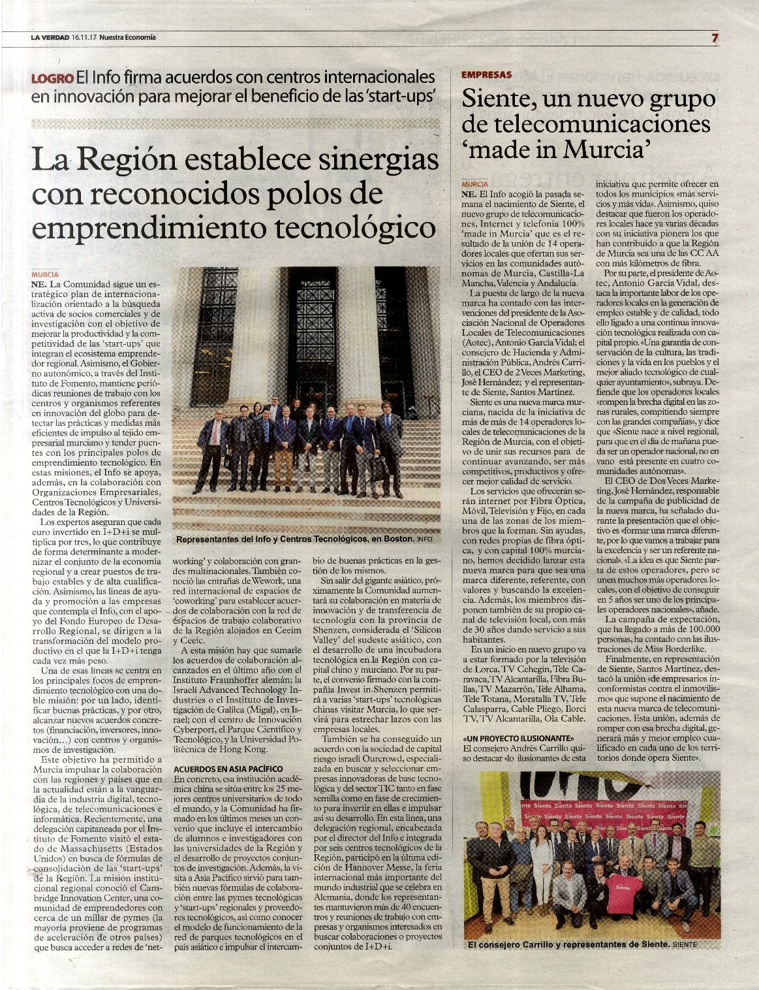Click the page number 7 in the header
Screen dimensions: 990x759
715,38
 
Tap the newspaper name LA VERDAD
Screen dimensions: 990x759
50,38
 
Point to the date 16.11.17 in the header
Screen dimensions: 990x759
84,38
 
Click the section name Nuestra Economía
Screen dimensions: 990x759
132,38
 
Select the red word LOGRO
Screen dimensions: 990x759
52,78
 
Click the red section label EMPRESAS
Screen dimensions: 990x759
486,75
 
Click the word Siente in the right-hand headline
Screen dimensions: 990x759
494,100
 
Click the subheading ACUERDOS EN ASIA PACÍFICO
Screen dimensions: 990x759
228,769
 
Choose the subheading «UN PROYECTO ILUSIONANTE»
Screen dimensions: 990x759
513,738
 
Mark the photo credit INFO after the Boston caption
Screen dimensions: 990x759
424,540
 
